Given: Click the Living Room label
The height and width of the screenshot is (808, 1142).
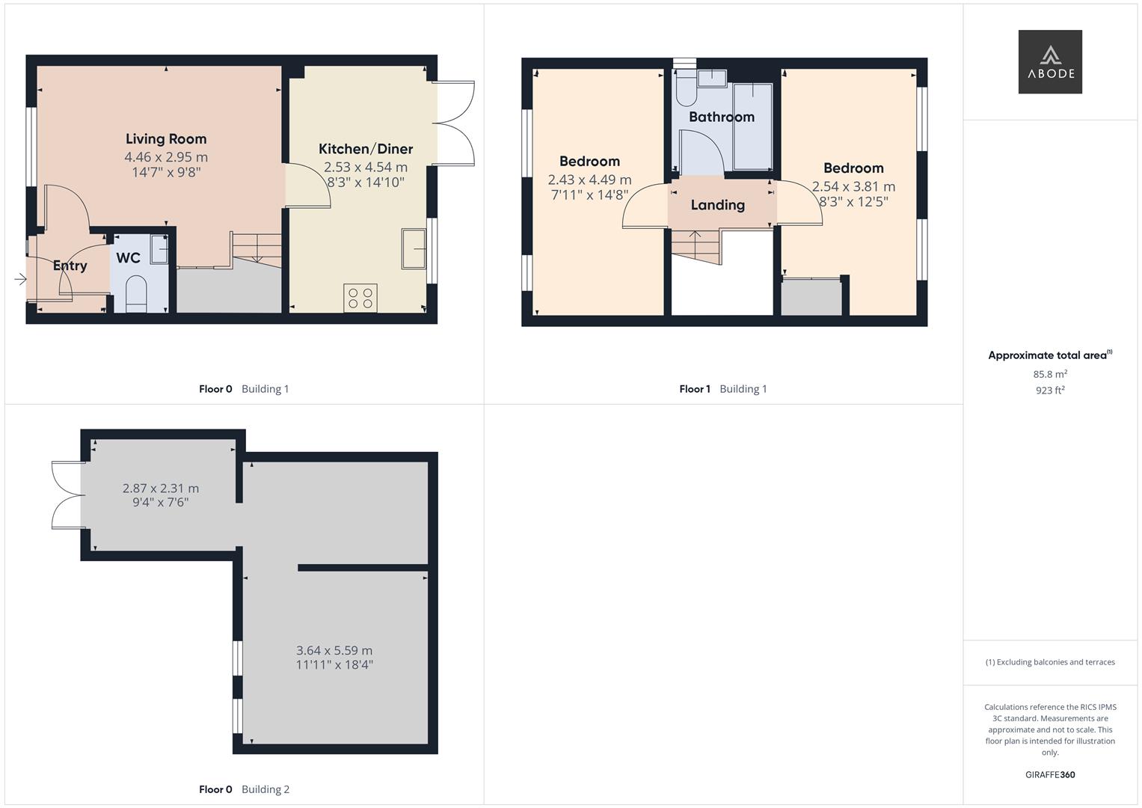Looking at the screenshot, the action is pyautogui.click(x=166, y=138).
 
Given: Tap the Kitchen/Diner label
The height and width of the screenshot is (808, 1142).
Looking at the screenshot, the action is pyautogui.click(x=366, y=149).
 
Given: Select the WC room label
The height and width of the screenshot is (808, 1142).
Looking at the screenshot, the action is pyautogui.click(x=128, y=257).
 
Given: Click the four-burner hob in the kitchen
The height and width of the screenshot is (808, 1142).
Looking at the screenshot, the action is pyautogui.click(x=360, y=298).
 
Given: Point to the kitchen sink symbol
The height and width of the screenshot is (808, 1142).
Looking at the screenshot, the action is pyautogui.click(x=414, y=249).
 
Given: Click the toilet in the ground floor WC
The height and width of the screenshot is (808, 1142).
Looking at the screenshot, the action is pyautogui.click(x=135, y=293).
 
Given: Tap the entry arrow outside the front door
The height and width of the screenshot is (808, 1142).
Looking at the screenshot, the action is pyautogui.click(x=20, y=279).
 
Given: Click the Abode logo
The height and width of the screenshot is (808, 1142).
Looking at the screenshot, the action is pyautogui.click(x=1050, y=61).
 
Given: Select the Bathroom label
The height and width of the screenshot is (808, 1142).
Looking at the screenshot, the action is pyautogui.click(x=722, y=117).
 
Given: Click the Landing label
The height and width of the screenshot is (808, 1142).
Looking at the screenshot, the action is pyautogui.click(x=718, y=205).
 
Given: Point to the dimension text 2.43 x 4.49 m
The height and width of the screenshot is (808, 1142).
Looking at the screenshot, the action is pyautogui.click(x=590, y=180).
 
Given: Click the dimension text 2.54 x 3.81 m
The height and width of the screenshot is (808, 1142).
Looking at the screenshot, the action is pyautogui.click(x=854, y=187).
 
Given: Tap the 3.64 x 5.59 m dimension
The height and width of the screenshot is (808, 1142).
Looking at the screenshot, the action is pyautogui.click(x=334, y=650).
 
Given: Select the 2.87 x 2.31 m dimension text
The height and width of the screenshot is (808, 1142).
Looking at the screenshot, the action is pyautogui.click(x=161, y=488).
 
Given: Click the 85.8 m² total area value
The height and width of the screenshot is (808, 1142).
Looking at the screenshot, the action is pyautogui.click(x=1050, y=374).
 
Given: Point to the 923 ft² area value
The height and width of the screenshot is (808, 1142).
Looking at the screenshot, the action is pyautogui.click(x=1050, y=391).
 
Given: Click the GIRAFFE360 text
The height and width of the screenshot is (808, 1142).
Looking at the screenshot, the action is pyautogui.click(x=1050, y=774).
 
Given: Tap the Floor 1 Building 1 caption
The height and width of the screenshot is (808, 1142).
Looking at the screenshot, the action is pyautogui.click(x=723, y=389).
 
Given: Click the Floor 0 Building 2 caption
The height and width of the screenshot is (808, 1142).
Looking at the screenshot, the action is pyautogui.click(x=245, y=789).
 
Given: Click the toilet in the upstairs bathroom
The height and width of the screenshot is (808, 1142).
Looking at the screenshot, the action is pyautogui.click(x=687, y=88).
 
